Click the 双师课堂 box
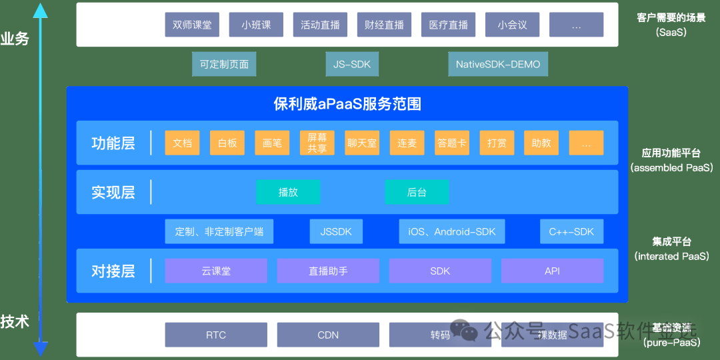(192, 25)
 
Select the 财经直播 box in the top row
(384, 25)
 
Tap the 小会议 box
(512, 25)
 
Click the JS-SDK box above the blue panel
(352, 65)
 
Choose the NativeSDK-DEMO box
(498, 65)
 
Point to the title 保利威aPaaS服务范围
(347, 104)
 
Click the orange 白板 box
(227, 143)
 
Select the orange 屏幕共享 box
(317, 143)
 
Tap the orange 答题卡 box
(452, 143)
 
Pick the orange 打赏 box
(497, 143)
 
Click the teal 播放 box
(288, 192)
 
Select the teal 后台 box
(417, 192)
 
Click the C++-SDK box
(571, 231)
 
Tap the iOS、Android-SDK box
(452, 231)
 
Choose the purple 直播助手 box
(328, 271)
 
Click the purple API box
(552, 271)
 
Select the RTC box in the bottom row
(216, 335)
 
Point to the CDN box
(328, 335)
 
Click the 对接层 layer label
(113, 271)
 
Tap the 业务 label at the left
(15, 39)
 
